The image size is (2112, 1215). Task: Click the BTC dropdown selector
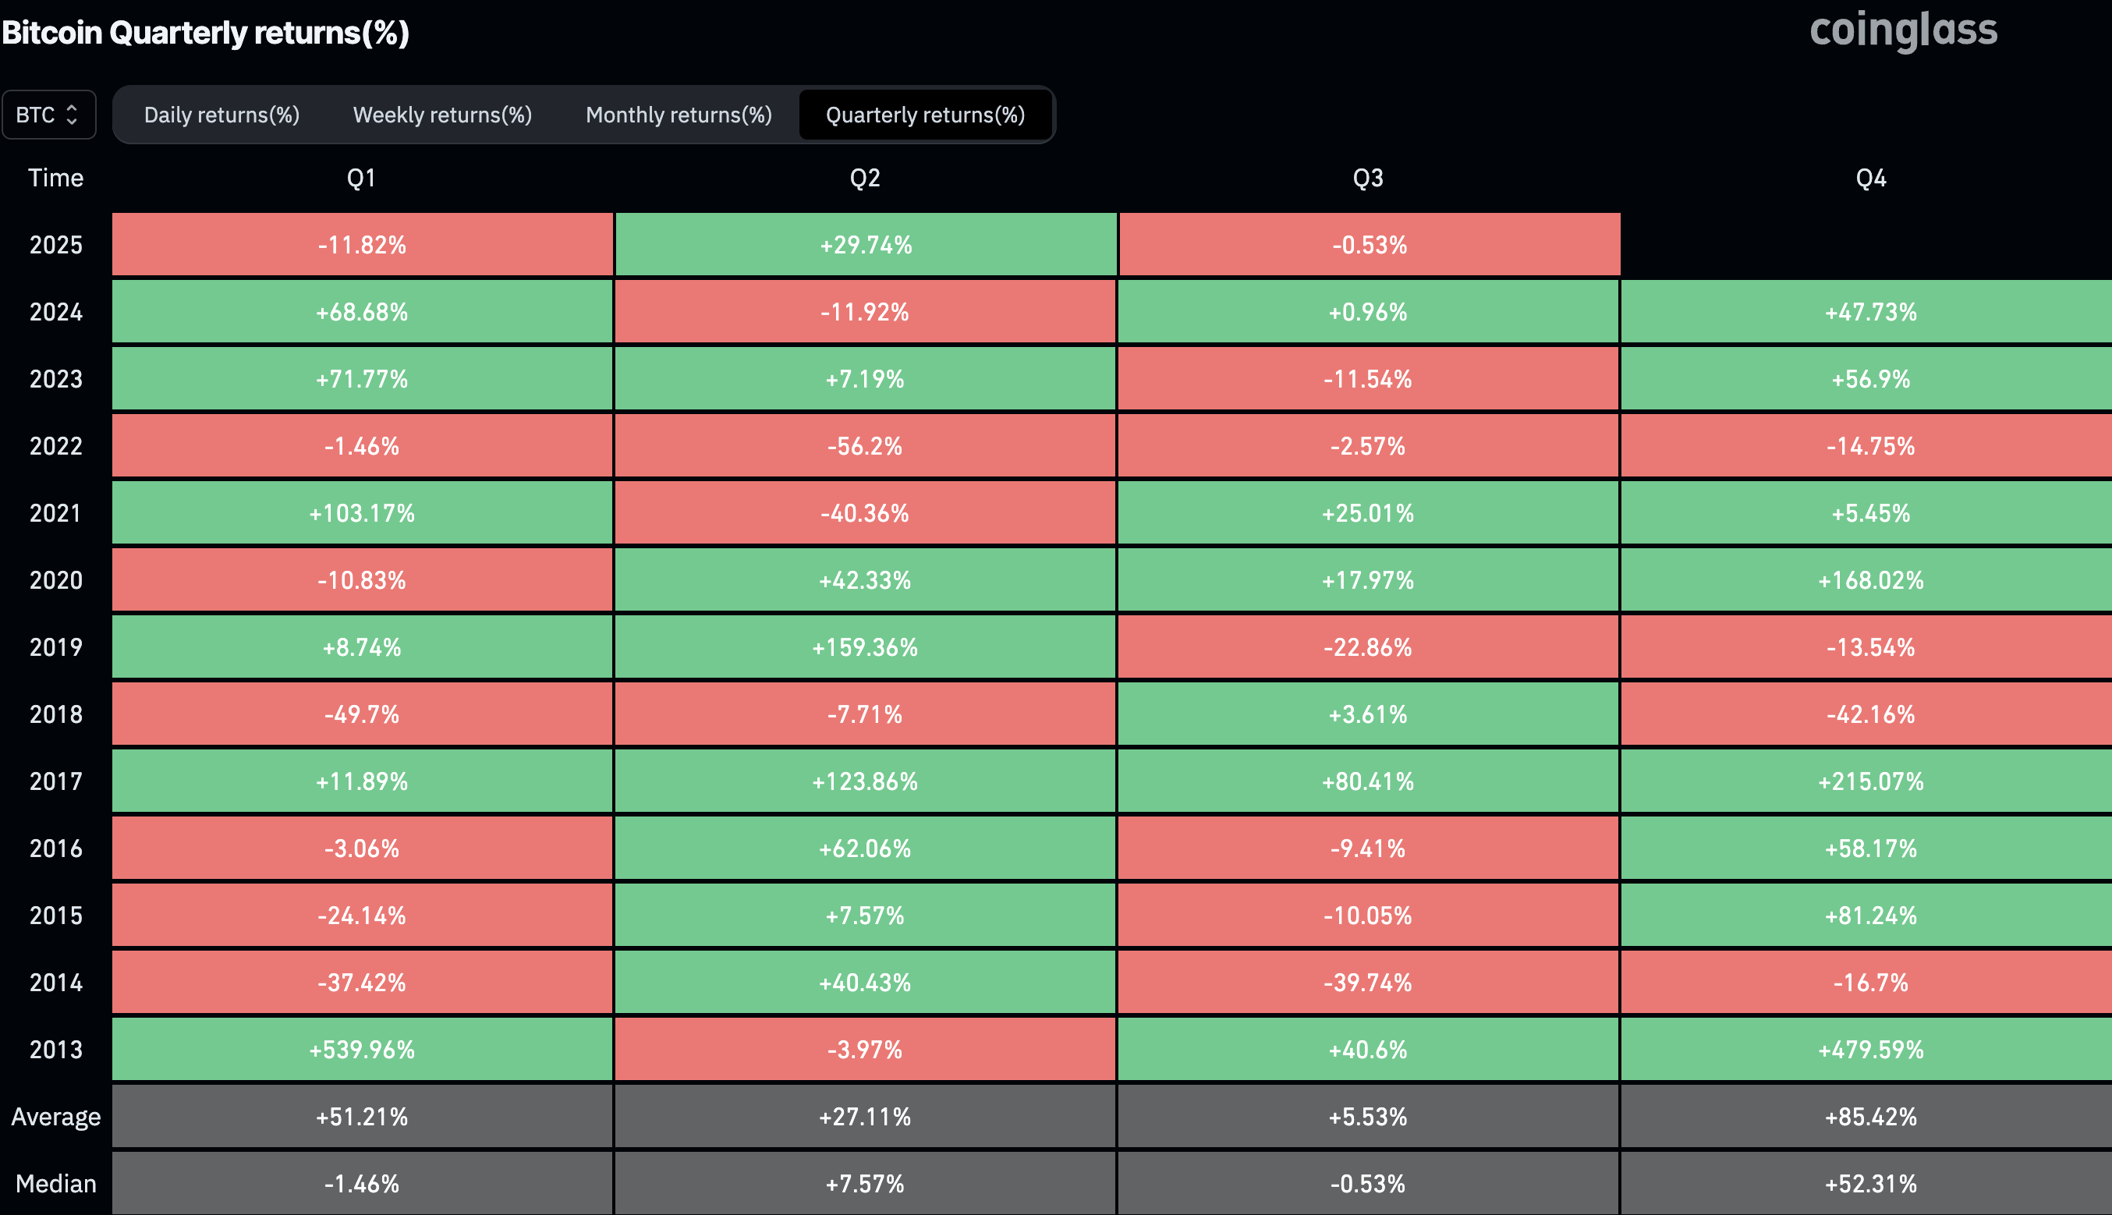[48, 115]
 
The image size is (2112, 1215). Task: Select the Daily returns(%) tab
[221, 115]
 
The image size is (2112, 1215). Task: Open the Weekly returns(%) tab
[442, 115]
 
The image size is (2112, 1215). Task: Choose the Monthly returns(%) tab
[679, 115]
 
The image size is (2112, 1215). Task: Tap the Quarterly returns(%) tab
[924, 115]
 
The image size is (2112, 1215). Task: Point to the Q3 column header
[1368, 178]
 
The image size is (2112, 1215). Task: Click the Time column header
[55, 178]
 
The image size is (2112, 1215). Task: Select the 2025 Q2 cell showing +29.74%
[866, 245]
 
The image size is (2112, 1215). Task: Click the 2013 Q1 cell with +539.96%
[361, 1049]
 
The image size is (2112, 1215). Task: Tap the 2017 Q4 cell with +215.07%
[1870, 781]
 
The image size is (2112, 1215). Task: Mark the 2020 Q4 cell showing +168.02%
[1870, 580]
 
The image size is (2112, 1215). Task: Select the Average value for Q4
[1870, 1117]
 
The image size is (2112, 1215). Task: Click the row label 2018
[55, 714]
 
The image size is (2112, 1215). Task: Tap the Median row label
[55, 1183]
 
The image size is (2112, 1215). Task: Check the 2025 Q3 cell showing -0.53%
[1369, 245]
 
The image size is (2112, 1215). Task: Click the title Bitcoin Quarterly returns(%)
[205, 33]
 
